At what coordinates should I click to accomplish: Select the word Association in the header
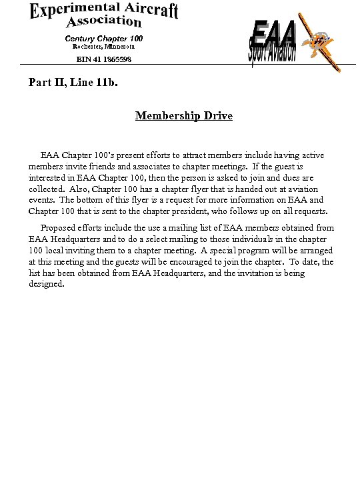(103, 23)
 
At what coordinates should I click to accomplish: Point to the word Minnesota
(119, 47)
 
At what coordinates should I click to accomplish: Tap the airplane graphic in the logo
(319, 42)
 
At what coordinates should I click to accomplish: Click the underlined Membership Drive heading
(184, 116)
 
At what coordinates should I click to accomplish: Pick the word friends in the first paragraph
(121, 167)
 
